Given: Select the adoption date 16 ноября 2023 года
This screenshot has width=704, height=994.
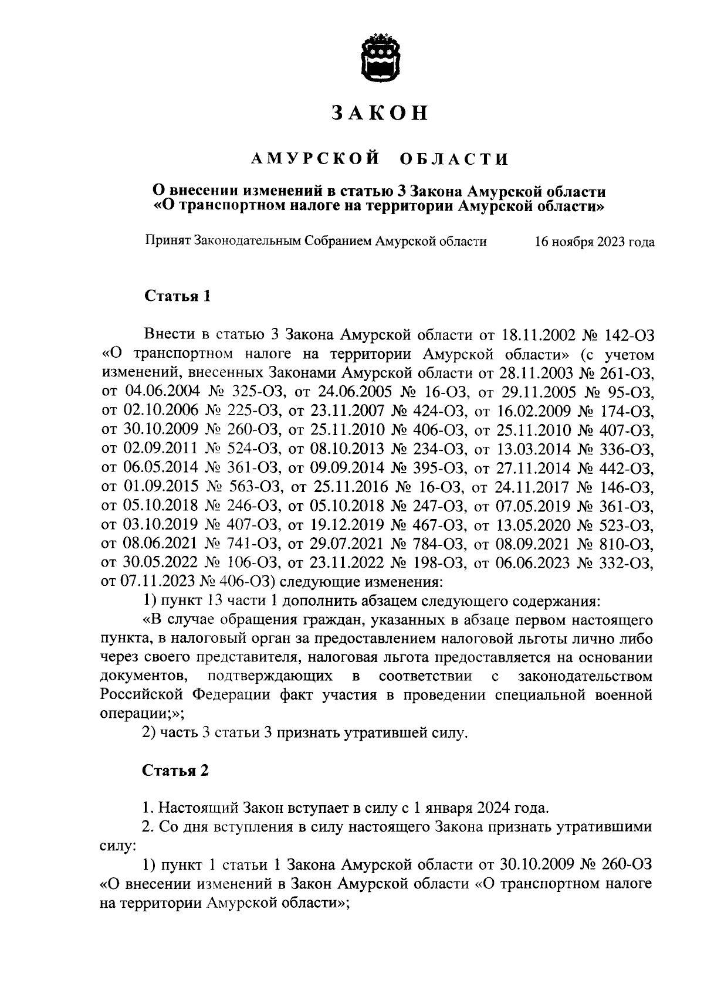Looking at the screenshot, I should pyautogui.click(x=594, y=242).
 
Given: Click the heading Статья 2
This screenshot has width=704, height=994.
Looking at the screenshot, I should pyautogui.click(x=177, y=771).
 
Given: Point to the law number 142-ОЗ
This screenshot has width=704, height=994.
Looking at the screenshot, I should pyautogui.click(x=631, y=335).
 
